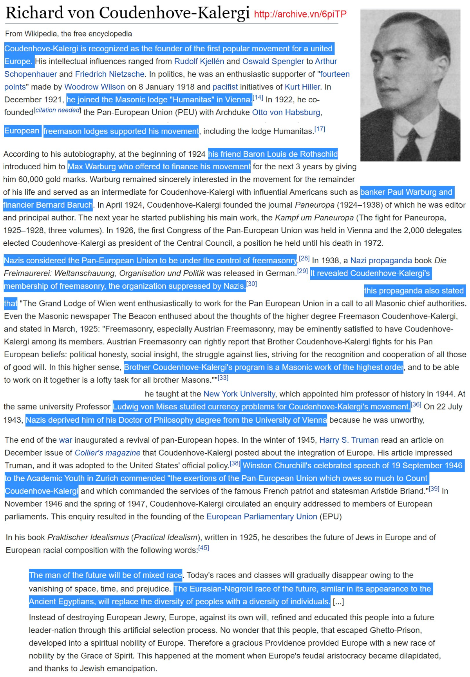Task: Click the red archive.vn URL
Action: pyautogui.click(x=300, y=14)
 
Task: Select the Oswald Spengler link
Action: pyautogui.click(x=273, y=62)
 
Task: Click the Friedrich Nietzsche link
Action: pyautogui.click(x=110, y=74)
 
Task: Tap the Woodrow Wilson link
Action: pyautogui.click(x=94, y=87)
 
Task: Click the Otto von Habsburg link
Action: pyautogui.click(x=286, y=112)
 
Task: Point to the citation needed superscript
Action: pyautogui.click(x=58, y=110)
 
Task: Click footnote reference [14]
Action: pyautogui.click(x=258, y=98)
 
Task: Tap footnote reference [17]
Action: pyautogui.click(x=320, y=129)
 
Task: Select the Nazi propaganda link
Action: pyautogui.click(x=381, y=261)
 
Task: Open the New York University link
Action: pyautogui.click(x=239, y=394)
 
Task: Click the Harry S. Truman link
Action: pyautogui.click(x=349, y=440)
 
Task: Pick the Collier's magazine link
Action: pyautogui.click(x=107, y=453)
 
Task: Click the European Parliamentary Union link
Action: pyautogui.click(x=262, y=516)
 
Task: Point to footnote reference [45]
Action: pyautogui.click(x=204, y=548)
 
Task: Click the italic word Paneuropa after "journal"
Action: pyautogui.click(x=315, y=205)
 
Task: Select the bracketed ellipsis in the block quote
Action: pyautogui.click(x=338, y=602)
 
